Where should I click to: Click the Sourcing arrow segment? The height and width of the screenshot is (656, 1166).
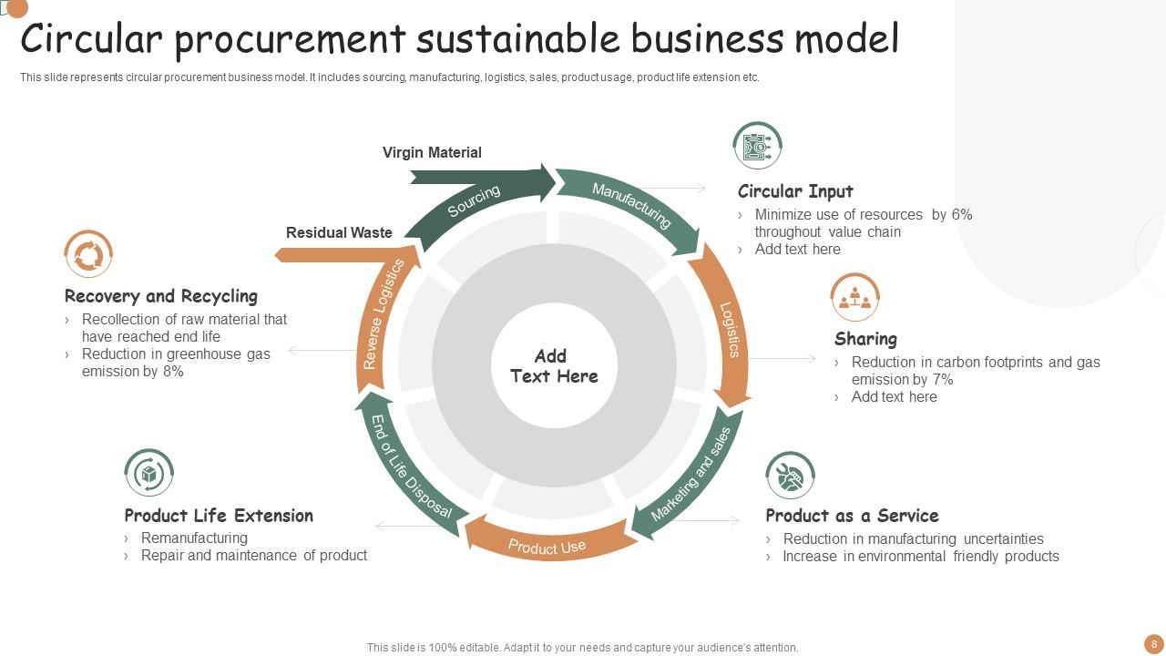[474, 201]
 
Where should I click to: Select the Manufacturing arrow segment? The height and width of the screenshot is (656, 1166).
[631, 205]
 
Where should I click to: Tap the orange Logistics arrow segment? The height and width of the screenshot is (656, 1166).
[730, 331]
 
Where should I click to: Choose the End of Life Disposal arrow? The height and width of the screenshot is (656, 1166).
[410, 466]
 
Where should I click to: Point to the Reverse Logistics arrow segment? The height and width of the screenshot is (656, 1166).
[383, 314]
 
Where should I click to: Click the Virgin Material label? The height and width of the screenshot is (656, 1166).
[432, 152]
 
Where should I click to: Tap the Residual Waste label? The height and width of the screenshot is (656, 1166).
[339, 232]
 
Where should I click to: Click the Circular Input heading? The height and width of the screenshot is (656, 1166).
[795, 191]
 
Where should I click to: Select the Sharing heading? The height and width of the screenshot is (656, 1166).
[865, 339]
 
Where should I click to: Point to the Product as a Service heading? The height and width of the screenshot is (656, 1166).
[852, 516]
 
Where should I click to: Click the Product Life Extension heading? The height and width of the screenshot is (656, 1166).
[219, 516]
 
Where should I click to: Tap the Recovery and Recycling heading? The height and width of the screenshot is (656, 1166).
[161, 296]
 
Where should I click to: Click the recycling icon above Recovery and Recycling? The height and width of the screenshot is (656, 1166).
[88, 254]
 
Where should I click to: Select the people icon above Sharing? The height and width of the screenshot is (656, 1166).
[854, 297]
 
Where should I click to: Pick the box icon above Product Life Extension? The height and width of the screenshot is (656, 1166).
[148, 473]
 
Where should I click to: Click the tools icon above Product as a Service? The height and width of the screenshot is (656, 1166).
[790, 475]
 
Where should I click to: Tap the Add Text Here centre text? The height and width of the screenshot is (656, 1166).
[553, 366]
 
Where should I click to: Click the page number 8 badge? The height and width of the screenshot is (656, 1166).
[1154, 644]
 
